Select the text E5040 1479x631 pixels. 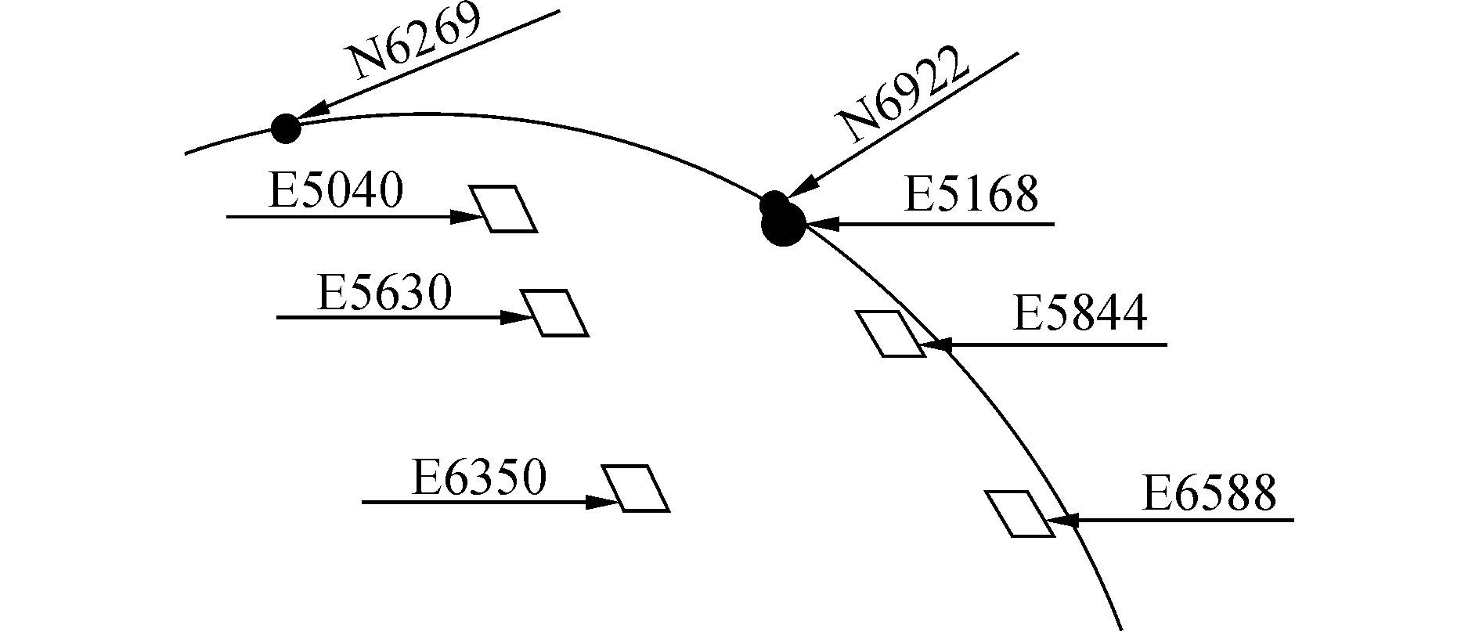point(335,190)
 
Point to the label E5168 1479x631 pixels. point(971,194)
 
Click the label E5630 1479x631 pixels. point(384,294)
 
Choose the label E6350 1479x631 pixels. point(478,478)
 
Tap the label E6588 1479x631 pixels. point(1209,493)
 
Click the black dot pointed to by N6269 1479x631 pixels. point(286,128)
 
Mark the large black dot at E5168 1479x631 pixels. point(783,225)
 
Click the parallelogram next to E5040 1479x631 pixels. point(503,209)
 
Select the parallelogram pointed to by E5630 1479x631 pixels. point(554,313)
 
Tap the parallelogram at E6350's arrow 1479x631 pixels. point(635,489)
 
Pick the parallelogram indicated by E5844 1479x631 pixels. point(890,334)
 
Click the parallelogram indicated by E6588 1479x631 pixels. point(1019,514)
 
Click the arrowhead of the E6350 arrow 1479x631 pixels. point(604,502)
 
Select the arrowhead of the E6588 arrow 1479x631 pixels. point(1062,520)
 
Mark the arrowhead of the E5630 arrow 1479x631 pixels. point(516,318)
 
